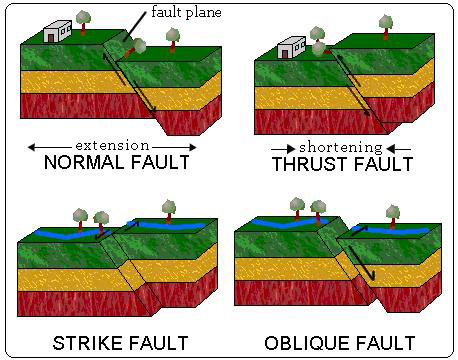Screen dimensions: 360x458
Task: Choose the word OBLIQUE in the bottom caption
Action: (308, 343)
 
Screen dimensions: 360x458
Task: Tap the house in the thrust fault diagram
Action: (291, 46)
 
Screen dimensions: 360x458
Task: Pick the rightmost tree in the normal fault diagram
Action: (172, 38)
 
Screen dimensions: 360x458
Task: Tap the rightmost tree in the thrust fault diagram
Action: (383, 24)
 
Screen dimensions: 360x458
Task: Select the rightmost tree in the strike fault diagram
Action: (168, 208)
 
